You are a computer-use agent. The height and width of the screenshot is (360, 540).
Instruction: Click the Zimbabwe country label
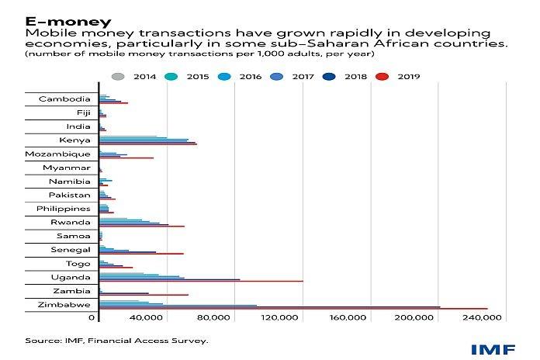point(64,305)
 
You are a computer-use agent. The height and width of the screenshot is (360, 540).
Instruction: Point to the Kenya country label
point(75,140)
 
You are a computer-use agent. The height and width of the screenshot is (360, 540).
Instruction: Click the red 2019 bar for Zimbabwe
point(293,309)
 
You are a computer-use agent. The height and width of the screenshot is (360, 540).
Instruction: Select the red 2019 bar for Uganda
point(201,281)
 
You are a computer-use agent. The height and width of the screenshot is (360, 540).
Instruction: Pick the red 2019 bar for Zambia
point(144,295)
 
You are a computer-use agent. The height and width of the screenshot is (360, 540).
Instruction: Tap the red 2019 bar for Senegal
point(141,254)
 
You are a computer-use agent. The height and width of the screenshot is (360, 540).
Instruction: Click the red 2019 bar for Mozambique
point(126,158)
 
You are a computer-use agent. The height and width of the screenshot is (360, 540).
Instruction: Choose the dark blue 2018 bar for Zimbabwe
point(270,306)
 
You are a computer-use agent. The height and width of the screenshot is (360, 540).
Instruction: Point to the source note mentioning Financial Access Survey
point(116,341)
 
